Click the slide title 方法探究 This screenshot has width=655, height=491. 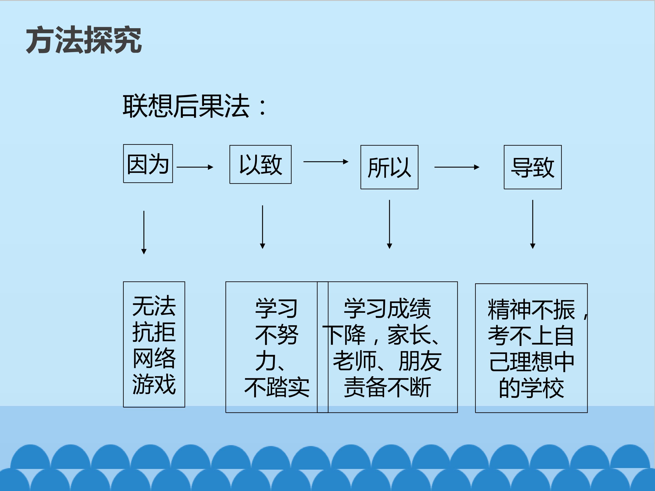[x=84, y=40]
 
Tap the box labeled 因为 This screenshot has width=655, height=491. [x=148, y=164]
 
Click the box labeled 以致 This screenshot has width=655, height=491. [x=260, y=165]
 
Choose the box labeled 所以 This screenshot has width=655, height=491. [x=389, y=167]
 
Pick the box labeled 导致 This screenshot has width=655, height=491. [x=532, y=167]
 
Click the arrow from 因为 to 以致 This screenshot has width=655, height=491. [x=194, y=167]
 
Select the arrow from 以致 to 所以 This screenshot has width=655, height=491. [x=325, y=162]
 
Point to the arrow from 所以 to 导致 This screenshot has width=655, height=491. [x=456, y=167]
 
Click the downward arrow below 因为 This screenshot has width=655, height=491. [x=144, y=232]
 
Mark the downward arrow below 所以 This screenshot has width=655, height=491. [x=389, y=224]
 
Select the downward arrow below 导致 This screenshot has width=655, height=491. [x=533, y=224]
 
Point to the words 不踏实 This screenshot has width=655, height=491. [x=277, y=387]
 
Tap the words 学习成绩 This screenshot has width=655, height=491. [x=387, y=309]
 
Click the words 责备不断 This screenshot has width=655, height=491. [x=387, y=387]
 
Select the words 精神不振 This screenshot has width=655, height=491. [x=531, y=310]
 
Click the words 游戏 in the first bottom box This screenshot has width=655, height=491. [x=154, y=384]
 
